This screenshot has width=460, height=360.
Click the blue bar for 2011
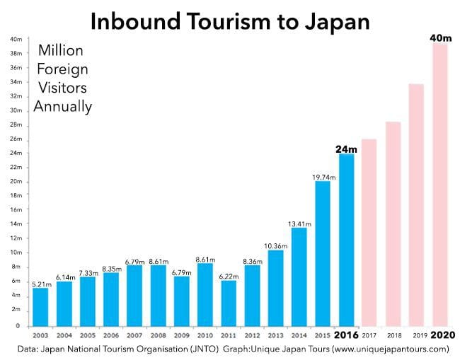(229, 300)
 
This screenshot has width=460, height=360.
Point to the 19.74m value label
(323, 175)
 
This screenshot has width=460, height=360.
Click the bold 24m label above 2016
(346, 149)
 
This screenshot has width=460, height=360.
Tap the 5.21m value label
(41, 282)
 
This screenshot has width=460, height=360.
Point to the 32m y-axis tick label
(16, 96)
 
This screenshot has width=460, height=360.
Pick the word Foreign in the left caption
(62, 70)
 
